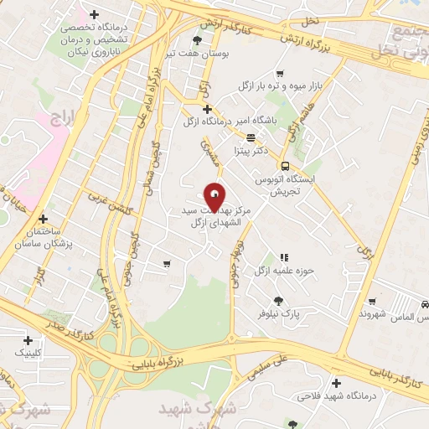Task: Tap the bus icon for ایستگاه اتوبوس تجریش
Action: (285, 165)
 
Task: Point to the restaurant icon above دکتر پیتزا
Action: (251, 137)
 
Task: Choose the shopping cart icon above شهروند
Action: (373, 302)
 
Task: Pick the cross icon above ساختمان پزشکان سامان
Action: (43, 219)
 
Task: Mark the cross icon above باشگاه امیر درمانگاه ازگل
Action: (207, 108)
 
